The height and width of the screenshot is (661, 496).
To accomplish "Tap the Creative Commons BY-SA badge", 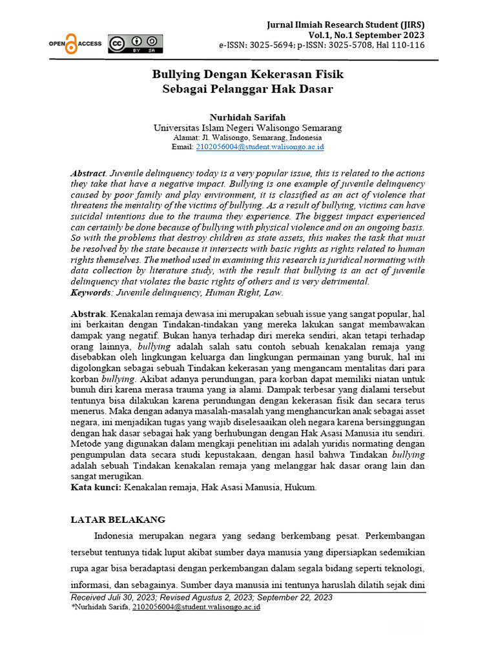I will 135,43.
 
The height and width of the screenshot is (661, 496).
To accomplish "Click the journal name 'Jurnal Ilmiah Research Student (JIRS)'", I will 346,25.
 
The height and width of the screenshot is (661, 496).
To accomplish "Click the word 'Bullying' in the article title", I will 174,74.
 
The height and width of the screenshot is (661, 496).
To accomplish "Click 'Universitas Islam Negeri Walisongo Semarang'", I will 247,128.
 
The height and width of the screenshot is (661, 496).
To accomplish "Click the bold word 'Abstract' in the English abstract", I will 88,174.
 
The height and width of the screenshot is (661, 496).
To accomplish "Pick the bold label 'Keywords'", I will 91,292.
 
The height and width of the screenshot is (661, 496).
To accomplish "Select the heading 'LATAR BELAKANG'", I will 118,519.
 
